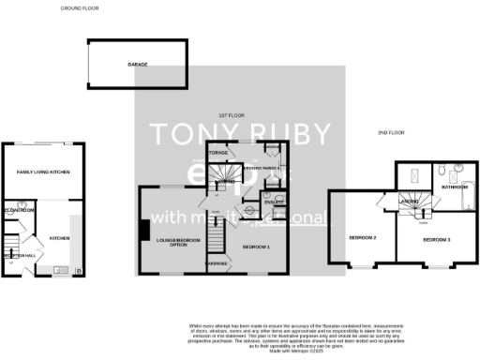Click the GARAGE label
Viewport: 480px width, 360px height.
tap(138, 65)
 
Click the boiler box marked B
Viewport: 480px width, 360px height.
tap(78, 271)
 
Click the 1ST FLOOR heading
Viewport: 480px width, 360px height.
tap(232, 114)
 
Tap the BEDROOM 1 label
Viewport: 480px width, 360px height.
tap(255, 247)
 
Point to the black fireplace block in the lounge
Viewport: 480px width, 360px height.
tap(144, 232)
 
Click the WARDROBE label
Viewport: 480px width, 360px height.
tap(217, 263)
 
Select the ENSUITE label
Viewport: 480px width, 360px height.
tap(273, 202)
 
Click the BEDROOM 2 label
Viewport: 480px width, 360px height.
tap(363, 238)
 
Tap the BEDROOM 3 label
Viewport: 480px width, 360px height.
tap(435, 240)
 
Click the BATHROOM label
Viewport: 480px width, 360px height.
tap(456, 187)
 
